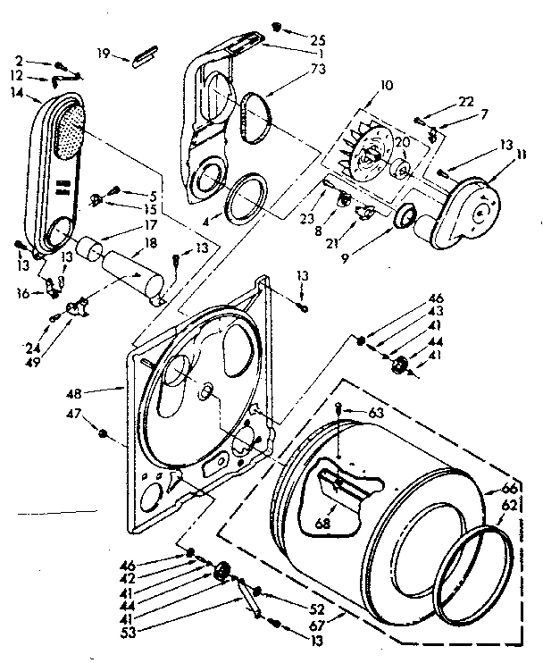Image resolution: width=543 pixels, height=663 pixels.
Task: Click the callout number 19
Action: tap(104, 53)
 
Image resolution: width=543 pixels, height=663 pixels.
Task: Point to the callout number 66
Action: tap(511, 489)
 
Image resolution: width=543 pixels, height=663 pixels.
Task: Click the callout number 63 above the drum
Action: tap(377, 412)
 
